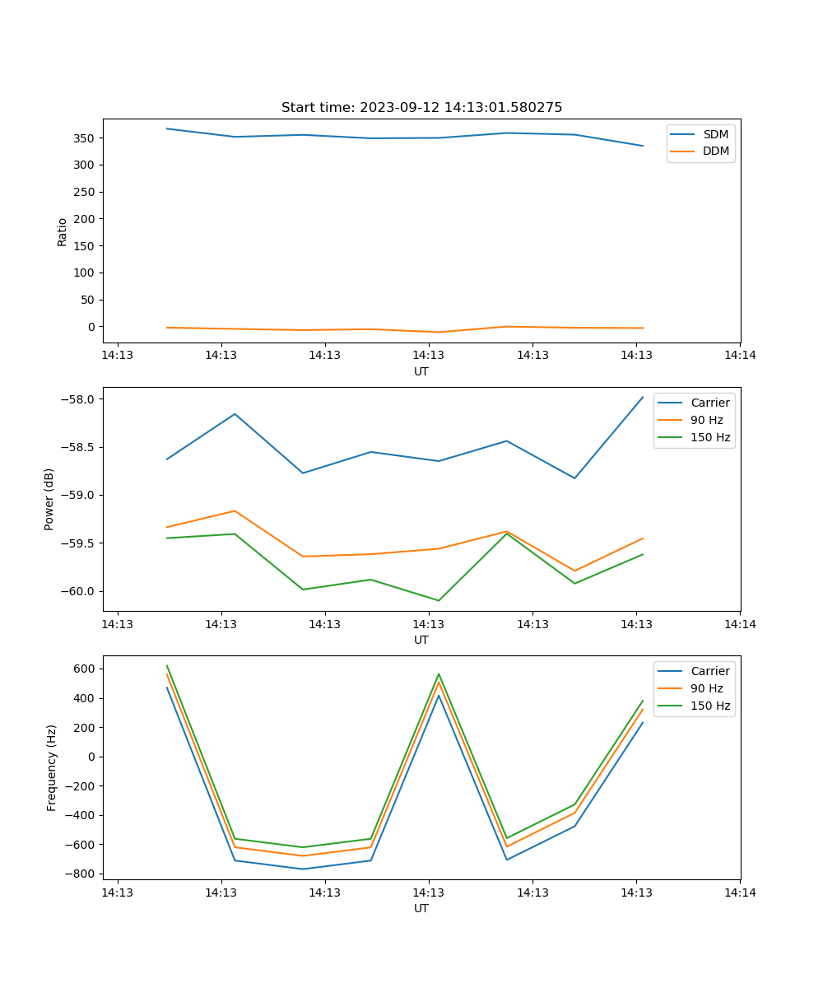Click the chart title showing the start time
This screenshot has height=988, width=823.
(x=421, y=108)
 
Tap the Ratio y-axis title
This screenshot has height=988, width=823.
(x=63, y=231)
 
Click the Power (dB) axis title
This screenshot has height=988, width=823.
(x=49, y=499)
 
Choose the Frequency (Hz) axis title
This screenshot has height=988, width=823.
(x=51, y=767)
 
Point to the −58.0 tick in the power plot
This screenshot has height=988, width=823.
(x=80, y=399)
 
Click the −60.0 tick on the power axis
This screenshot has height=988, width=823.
(x=80, y=591)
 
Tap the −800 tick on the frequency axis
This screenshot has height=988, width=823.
(x=81, y=874)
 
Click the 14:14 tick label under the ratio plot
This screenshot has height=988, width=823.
(x=739, y=356)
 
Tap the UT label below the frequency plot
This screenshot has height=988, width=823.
(x=421, y=908)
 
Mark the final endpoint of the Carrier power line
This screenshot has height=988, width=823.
(x=643, y=397)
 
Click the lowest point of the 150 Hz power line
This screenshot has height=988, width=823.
(x=439, y=600)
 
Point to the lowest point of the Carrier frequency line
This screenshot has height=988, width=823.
(x=303, y=869)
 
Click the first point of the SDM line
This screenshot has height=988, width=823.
(x=167, y=128)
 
